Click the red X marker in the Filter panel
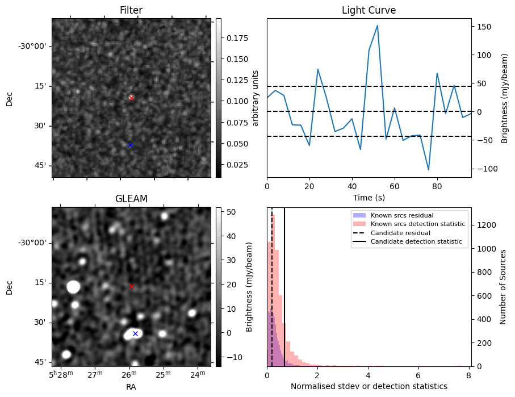131,98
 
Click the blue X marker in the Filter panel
130,145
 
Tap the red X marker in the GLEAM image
131,286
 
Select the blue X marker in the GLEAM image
135,333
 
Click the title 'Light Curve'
369,10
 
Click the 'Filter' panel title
131,10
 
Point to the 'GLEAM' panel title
131,199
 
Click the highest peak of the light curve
377,26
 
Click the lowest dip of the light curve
429,170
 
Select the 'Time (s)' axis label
369,197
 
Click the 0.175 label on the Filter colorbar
234,38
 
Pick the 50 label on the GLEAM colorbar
229,211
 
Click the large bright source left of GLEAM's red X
73,287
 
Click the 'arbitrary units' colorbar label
256,98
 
